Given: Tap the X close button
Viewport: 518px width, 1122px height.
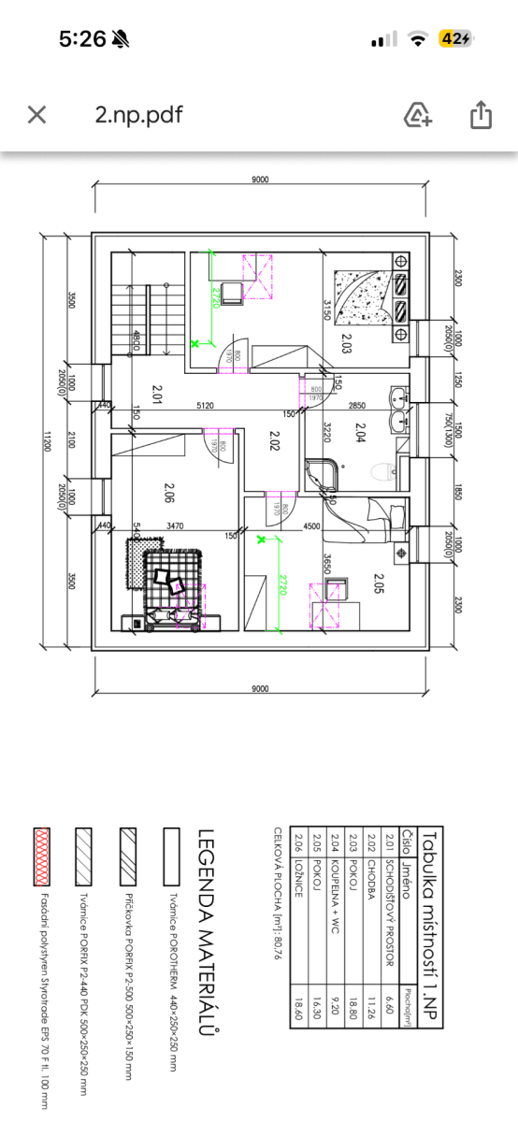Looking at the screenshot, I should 36,115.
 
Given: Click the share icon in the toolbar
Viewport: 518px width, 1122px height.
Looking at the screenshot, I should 480,115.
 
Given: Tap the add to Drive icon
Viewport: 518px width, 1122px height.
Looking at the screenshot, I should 417,115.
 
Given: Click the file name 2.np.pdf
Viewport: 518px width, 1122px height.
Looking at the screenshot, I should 138,115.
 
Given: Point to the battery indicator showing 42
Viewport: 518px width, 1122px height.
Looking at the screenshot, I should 456,38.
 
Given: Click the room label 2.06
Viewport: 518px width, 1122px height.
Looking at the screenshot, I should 169,492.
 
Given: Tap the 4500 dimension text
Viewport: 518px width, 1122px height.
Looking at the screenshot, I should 286,526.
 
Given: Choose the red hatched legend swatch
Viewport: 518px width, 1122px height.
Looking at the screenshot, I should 40,856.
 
